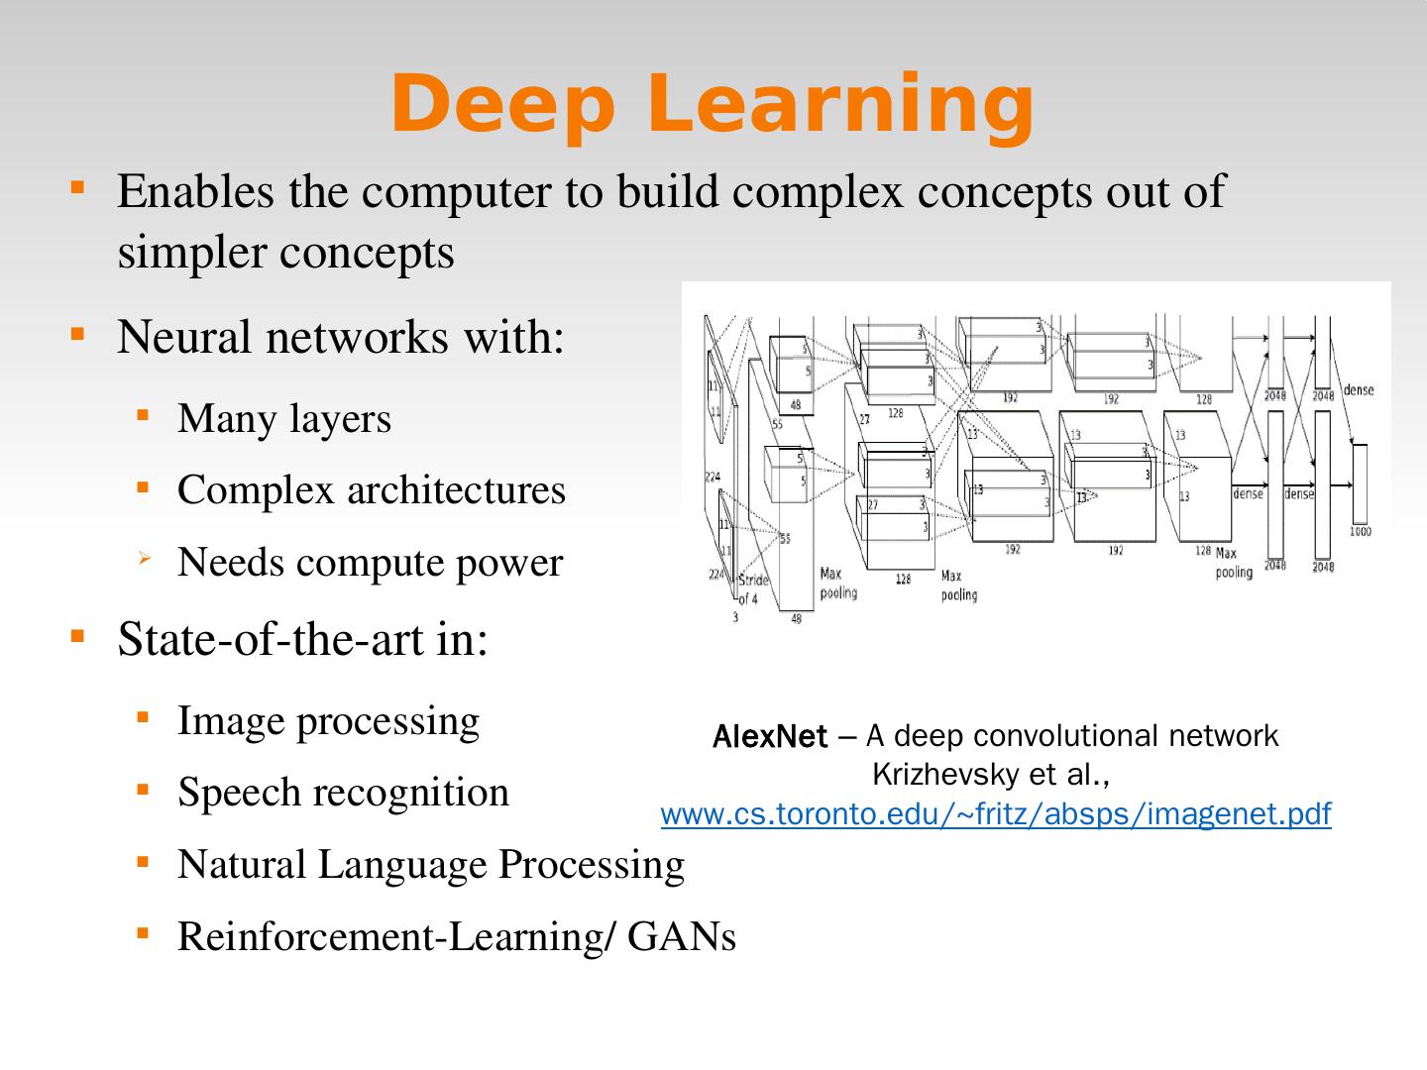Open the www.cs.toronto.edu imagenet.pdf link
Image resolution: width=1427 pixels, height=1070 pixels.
[995, 814]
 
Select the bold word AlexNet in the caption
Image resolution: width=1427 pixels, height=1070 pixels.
[769, 737]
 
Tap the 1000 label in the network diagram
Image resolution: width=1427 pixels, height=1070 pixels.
[1360, 532]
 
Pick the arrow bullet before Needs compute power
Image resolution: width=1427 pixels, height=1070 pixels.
[144, 561]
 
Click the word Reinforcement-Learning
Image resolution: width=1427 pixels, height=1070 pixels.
[388, 936]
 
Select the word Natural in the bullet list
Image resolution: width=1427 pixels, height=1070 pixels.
[241, 864]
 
